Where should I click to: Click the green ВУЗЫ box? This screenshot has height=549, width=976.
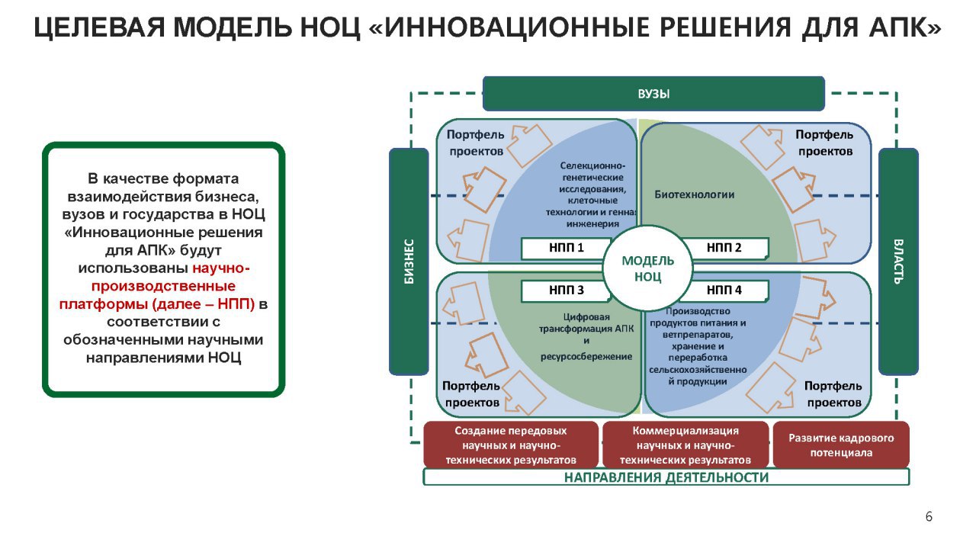point(653,94)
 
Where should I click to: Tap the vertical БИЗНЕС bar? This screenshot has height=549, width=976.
point(409,262)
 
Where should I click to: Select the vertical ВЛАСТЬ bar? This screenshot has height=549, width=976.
point(898,262)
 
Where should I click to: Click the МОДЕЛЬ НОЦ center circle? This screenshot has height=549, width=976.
point(647,268)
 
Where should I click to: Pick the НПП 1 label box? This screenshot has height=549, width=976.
point(566,249)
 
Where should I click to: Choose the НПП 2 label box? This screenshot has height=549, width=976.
point(724,249)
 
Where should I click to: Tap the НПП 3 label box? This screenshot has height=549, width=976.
point(566,291)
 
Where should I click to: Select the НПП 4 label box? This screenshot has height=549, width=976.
point(724,291)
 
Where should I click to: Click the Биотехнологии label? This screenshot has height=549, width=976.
point(694,194)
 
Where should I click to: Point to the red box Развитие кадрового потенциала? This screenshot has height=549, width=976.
point(841,445)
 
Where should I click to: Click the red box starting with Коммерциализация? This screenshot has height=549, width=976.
point(685,445)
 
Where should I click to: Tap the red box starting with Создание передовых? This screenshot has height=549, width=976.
point(511,445)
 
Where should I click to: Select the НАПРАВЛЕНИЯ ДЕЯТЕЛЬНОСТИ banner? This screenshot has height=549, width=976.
point(666,477)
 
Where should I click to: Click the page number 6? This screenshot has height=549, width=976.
point(929,517)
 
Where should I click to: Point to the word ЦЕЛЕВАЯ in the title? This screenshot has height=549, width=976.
point(99,27)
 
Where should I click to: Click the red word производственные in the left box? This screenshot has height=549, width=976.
point(163,286)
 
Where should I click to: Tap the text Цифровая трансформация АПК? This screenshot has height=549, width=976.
point(586,323)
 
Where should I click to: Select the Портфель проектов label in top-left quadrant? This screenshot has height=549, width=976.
point(476,143)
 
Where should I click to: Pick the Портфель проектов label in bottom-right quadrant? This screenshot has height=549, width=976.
point(833,394)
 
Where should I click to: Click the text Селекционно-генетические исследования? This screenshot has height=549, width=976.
point(592,178)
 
